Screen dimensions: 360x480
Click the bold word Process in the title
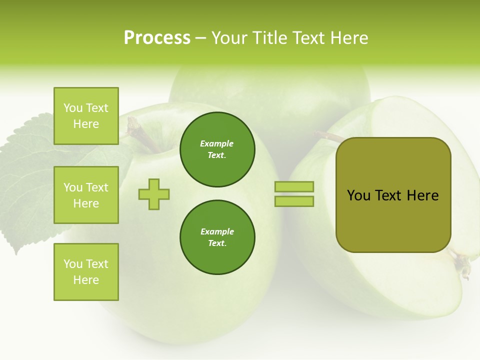tap(157, 38)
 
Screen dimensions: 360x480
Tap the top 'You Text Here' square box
tap(86, 116)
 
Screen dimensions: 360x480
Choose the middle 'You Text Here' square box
tap(86, 195)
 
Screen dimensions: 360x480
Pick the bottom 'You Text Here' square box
tap(86, 272)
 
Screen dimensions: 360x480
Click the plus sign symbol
tap(154, 194)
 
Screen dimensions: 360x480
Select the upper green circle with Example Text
tap(217, 149)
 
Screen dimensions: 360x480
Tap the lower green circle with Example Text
tap(217, 237)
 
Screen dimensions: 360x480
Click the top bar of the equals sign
tap(294, 187)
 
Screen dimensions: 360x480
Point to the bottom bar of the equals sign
tap(294, 201)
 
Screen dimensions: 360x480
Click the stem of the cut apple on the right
tap(327, 136)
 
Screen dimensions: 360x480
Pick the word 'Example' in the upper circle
tap(217, 143)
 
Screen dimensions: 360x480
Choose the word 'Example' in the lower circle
tap(217, 231)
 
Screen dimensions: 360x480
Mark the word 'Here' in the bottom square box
tap(86, 280)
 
